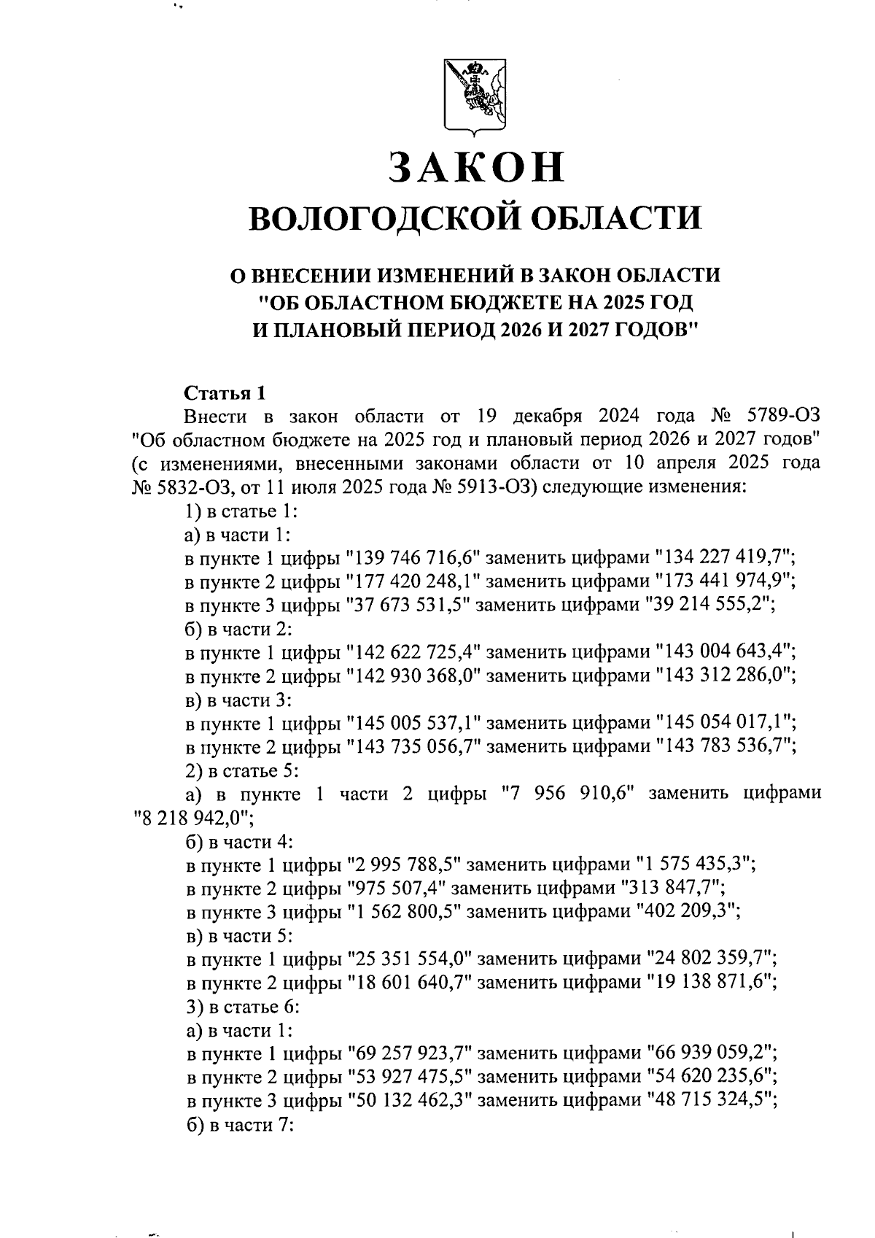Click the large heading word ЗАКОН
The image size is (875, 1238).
coord(477,168)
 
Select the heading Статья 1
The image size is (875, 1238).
coord(224,394)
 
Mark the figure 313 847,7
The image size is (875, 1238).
coord(672,888)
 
